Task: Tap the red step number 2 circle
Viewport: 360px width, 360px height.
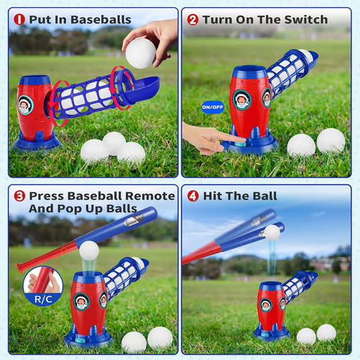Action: (x=193, y=19)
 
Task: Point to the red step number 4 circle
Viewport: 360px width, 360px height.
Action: (x=193, y=196)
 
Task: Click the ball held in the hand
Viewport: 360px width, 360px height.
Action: (x=140, y=52)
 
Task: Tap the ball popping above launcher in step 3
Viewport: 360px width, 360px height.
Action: (x=89, y=250)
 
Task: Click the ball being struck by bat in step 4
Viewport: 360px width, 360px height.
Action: (x=271, y=232)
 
